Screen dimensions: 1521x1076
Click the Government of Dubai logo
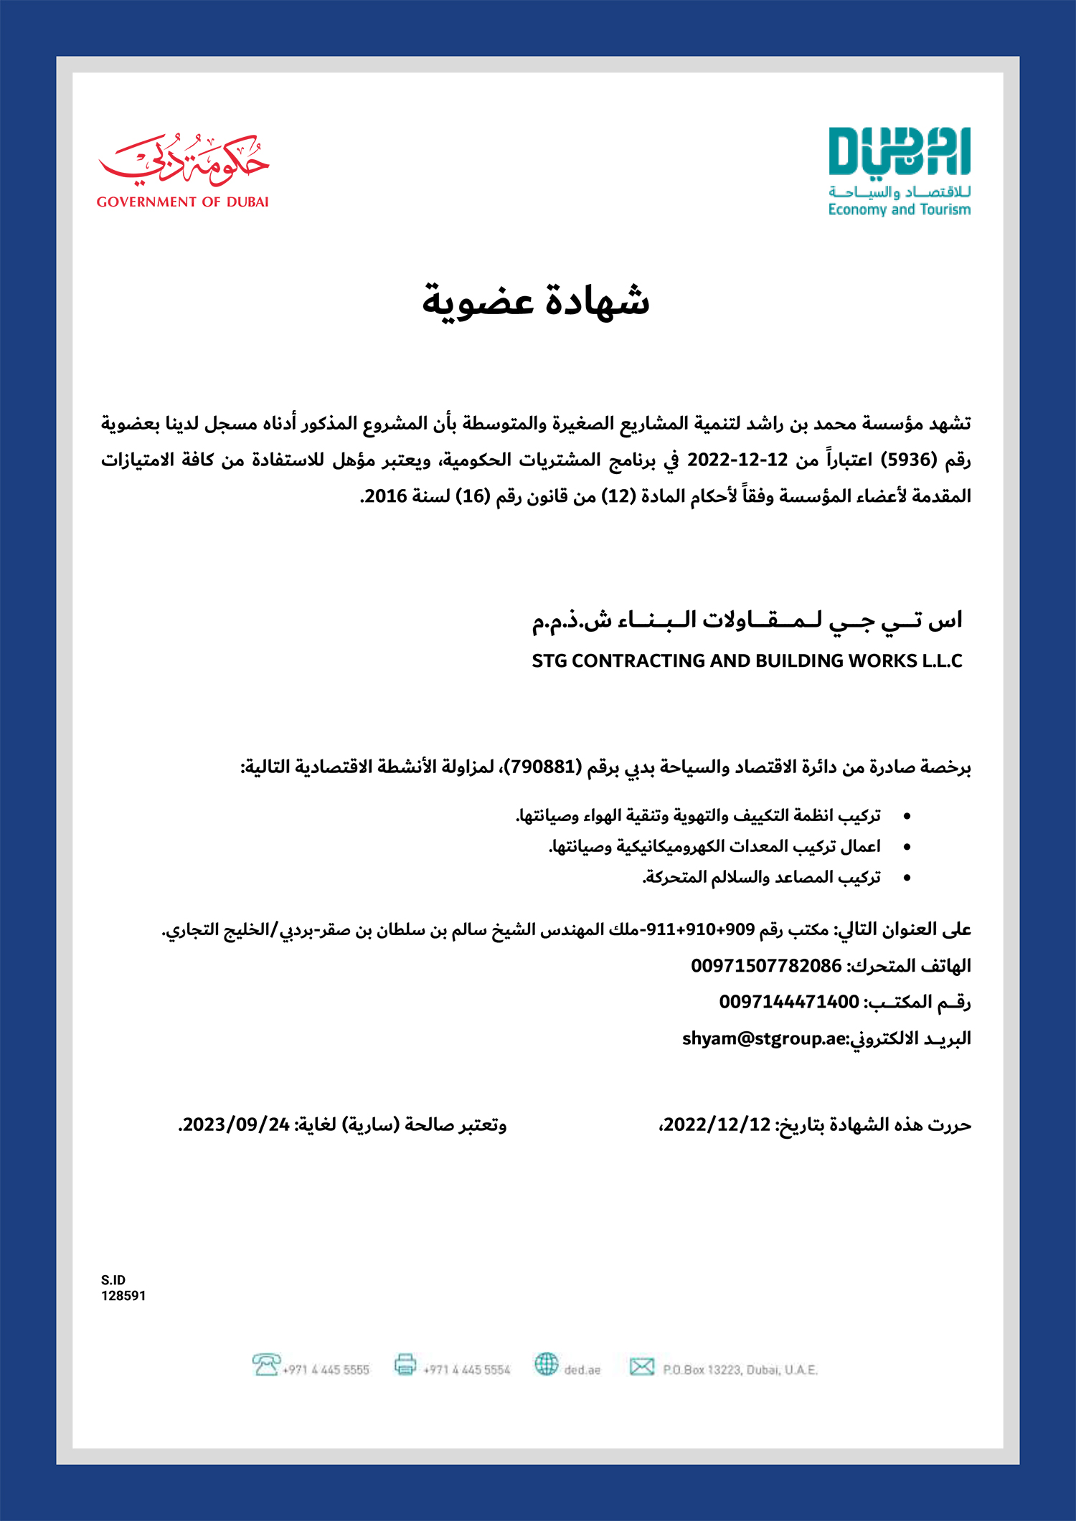183,171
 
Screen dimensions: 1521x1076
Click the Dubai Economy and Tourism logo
899,172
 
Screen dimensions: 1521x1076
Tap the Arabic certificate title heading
536,300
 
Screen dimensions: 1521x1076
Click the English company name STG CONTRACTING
746,660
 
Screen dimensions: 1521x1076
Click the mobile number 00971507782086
765,966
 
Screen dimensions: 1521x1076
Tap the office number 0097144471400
788,1002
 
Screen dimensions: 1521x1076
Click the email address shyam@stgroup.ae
764,1038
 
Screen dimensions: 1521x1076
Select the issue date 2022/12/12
717,1124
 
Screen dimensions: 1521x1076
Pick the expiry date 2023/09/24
235,1124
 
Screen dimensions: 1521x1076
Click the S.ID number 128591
123,1296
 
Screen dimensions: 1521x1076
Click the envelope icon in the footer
641,1366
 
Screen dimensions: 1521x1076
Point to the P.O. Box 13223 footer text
740,1370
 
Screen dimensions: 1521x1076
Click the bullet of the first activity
907,817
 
